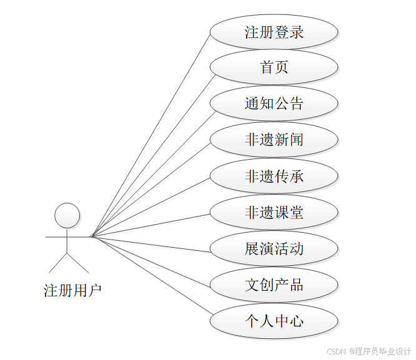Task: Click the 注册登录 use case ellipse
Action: coord(274,32)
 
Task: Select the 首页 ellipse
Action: coord(274,67)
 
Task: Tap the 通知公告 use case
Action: coord(274,104)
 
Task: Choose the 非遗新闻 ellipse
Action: coord(274,140)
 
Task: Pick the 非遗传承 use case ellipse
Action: coord(274,176)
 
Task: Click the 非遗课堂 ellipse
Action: coord(274,212)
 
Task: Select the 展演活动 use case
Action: coord(274,249)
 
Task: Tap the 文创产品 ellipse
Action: coord(274,285)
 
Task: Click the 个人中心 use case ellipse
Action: coord(274,321)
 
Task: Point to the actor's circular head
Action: coord(67,215)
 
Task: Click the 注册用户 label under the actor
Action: coord(72,291)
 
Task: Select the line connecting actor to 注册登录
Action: coord(151,134)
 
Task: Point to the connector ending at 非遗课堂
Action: coord(151,225)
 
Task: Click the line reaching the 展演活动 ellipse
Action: coord(151,244)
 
